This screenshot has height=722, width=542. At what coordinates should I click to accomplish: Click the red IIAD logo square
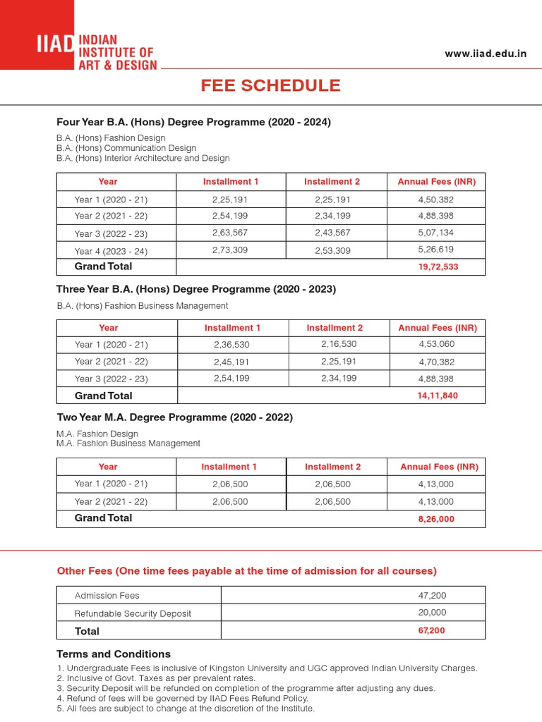(37, 35)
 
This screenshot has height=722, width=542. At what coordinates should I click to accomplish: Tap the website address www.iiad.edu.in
(486, 54)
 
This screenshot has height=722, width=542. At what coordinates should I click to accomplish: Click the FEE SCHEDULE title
(270, 86)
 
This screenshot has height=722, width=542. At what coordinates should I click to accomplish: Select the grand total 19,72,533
(438, 267)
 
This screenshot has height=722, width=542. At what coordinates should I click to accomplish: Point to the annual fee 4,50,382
(436, 200)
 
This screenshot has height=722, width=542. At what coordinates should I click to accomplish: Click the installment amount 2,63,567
(231, 233)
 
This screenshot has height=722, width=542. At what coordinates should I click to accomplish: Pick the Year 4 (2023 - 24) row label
(111, 251)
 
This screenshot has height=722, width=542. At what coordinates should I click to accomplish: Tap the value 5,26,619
(436, 249)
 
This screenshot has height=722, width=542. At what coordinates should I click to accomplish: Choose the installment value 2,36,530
(231, 345)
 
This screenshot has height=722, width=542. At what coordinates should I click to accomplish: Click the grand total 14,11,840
(438, 396)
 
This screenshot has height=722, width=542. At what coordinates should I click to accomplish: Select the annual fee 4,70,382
(437, 362)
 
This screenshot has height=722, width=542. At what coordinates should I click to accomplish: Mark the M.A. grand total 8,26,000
(436, 518)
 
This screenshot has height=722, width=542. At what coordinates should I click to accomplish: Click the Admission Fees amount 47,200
(432, 596)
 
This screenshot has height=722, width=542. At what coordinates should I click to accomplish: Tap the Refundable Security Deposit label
(133, 613)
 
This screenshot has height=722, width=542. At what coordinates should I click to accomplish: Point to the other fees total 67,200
(431, 630)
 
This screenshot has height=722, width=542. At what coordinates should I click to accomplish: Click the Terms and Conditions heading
(113, 654)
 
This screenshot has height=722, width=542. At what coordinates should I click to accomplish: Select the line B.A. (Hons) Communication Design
(126, 148)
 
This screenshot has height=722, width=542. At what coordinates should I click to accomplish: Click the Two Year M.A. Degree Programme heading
(174, 417)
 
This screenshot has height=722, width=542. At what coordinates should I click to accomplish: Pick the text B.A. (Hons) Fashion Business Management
(143, 306)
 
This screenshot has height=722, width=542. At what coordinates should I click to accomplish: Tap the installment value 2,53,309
(332, 250)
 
